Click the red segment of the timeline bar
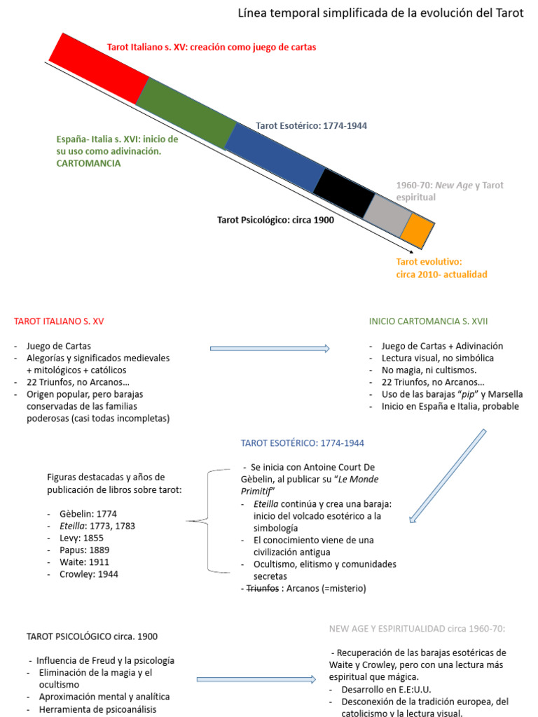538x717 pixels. (99, 69)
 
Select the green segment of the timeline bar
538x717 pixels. (186, 113)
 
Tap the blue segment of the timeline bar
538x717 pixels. (275, 158)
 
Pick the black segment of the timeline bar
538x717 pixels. (344, 193)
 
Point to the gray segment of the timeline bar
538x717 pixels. (388, 215)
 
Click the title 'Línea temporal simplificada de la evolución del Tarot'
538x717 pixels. (380, 13)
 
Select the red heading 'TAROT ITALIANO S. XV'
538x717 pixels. (59, 321)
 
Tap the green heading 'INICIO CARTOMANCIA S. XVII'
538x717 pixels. (428, 321)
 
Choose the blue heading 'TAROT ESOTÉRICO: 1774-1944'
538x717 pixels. (303, 443)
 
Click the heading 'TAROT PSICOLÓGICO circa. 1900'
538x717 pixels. (92, 636)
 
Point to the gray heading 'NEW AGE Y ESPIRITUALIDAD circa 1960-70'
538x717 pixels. (417, 629)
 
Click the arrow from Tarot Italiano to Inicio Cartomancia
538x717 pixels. (270, 349)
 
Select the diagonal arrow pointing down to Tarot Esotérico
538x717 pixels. (448, 475)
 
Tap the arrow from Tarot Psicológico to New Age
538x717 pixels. (256, 679)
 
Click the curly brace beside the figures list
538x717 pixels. (207, 521)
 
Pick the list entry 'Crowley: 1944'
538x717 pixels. (89, 574)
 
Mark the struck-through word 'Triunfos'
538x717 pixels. (263, 588)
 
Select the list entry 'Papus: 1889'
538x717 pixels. (85, 550)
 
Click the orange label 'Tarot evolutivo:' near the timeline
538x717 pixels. (429, 262)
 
